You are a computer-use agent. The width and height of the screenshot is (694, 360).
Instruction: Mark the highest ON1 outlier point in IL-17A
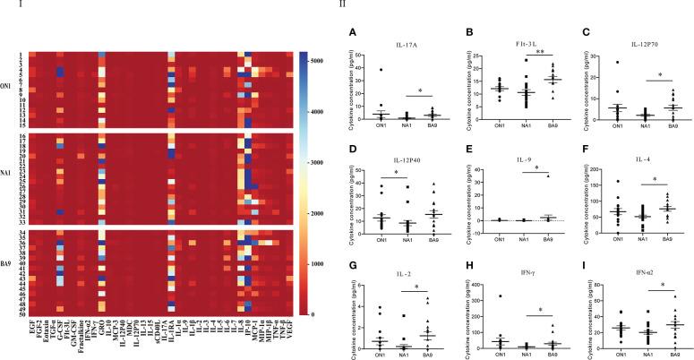click(380, 70)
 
